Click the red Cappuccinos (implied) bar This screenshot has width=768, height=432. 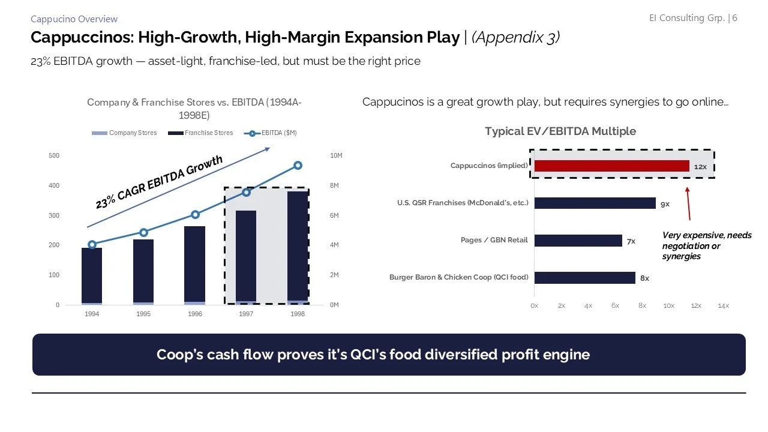611,166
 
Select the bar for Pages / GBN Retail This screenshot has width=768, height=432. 578,241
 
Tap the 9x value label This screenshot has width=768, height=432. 665,204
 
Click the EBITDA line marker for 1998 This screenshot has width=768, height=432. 298,166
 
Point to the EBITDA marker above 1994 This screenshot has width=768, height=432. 92,244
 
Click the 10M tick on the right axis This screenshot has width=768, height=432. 336,156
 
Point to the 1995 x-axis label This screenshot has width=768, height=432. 143,314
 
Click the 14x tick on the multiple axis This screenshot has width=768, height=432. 723,306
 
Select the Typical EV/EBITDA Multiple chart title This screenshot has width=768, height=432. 560,131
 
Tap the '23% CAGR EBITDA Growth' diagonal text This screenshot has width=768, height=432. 159,182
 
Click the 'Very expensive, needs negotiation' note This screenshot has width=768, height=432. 706,246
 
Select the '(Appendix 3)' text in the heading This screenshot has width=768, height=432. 516,37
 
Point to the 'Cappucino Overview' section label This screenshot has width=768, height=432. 74,19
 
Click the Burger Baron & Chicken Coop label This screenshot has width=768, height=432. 459,277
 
